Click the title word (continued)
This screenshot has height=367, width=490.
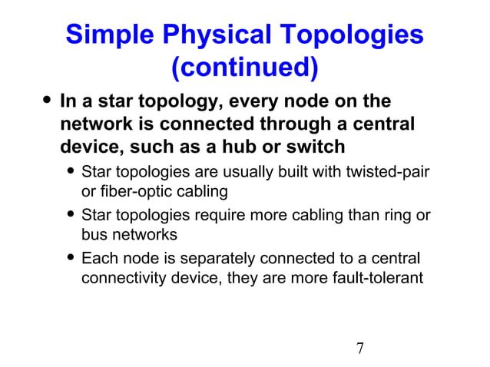coord(244,68)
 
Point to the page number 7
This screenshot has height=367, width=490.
coord(359,349)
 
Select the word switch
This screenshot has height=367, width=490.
coord(321,145)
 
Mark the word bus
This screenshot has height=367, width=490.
coord(96,234)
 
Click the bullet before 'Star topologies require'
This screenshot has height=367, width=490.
coord(70,216)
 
